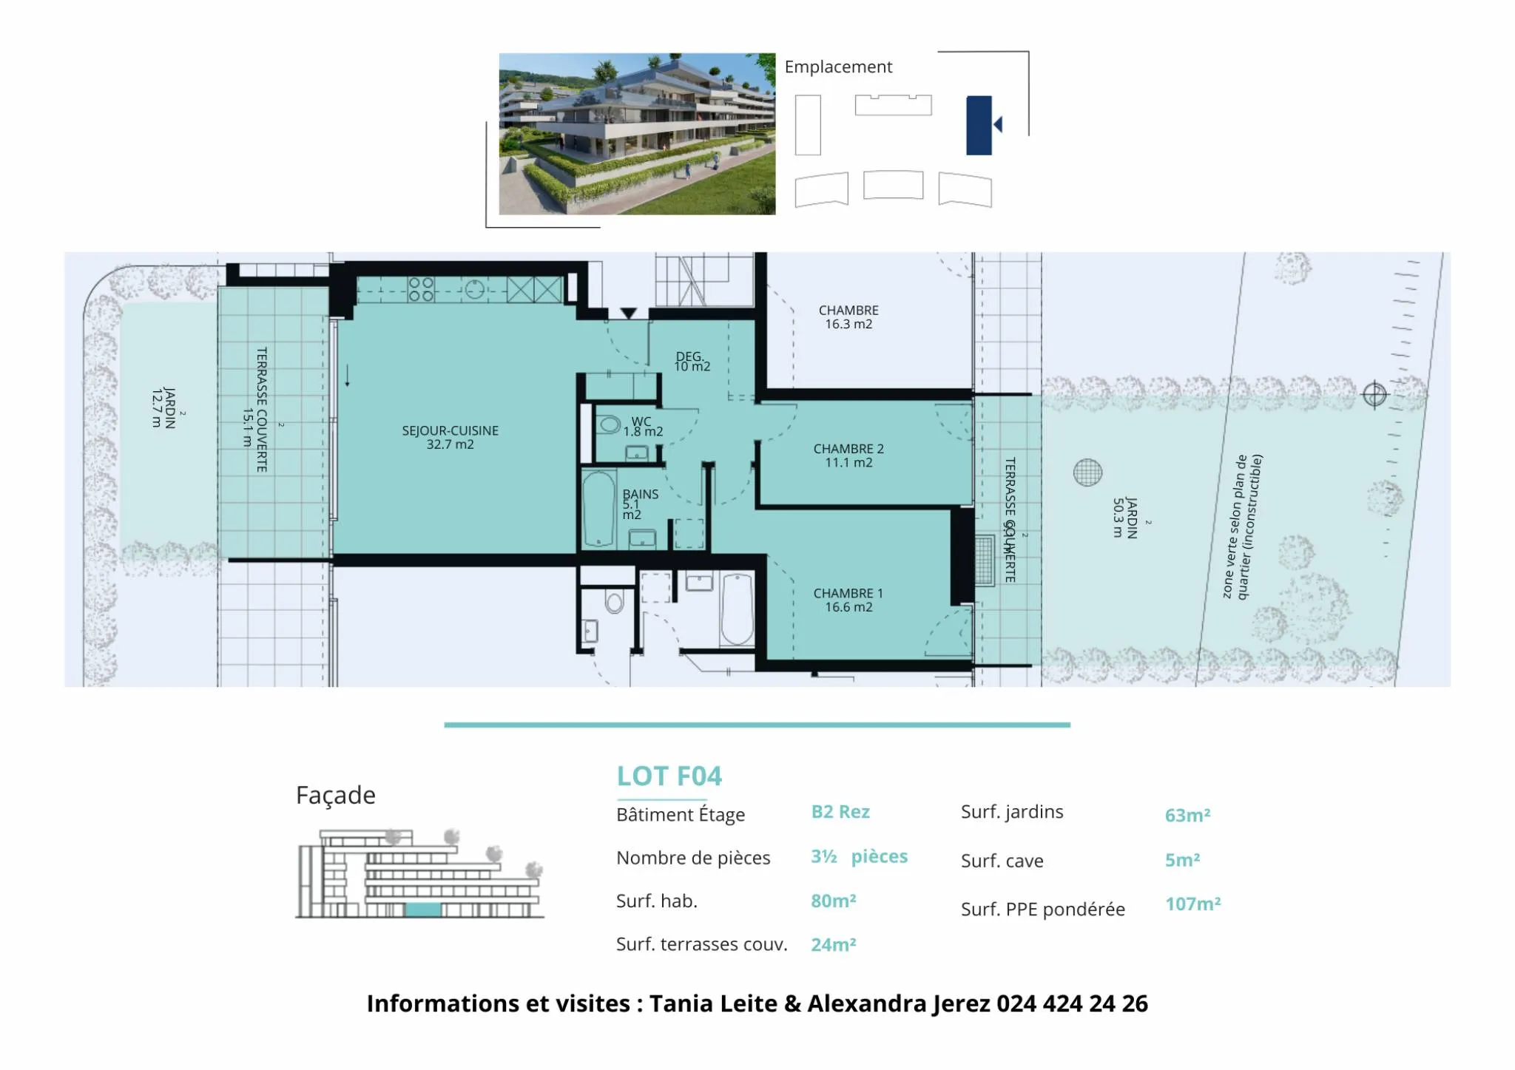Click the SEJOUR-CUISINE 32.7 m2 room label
click(450, 437)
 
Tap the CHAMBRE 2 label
click(848, 449)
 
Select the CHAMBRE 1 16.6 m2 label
click(848, 600)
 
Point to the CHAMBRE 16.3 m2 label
click(848, 317)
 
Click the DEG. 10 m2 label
click(692, 362)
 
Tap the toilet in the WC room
click(609, 424)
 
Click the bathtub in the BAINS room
click(598, 509)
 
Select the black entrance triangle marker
click(628, 314)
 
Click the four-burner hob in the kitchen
click(421, 289)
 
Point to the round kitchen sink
click(474, 288)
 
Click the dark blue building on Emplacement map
click(979, 125)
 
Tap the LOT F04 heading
click(669, 776)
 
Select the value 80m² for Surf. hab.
click(833, 901)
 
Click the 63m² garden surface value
click(1187, 815)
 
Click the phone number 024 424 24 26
click(1072, 1003)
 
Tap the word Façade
click(336, 796)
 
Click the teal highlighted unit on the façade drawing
click(423, 910)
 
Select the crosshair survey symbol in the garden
click(1374, 395)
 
